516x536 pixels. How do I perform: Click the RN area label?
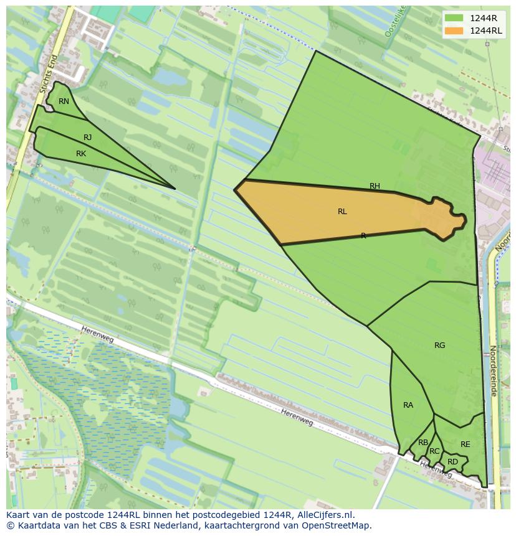coord(64,101)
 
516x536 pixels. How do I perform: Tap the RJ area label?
coord(87,138)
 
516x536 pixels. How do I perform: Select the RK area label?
coord(81,154)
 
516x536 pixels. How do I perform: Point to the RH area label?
coord(375,186)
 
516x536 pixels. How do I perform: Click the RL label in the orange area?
coord(342,212)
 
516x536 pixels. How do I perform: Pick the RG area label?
coord(440,346)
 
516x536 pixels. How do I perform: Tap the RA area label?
coord(408,405)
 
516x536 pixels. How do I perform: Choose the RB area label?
coord(423,443)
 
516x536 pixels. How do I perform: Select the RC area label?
coord(434,451)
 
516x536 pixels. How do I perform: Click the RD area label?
coord(452,462)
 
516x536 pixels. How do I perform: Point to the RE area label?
coord(466,444)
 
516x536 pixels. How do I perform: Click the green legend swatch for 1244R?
coord(454,17)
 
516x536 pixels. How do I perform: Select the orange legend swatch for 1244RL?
coord(454,31)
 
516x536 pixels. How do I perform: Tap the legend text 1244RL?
coord(486,31)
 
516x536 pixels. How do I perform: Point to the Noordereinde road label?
coord(493,371)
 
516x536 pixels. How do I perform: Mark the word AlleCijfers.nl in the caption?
coord(324,515)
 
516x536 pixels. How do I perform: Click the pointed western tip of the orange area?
coord(235,189)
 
